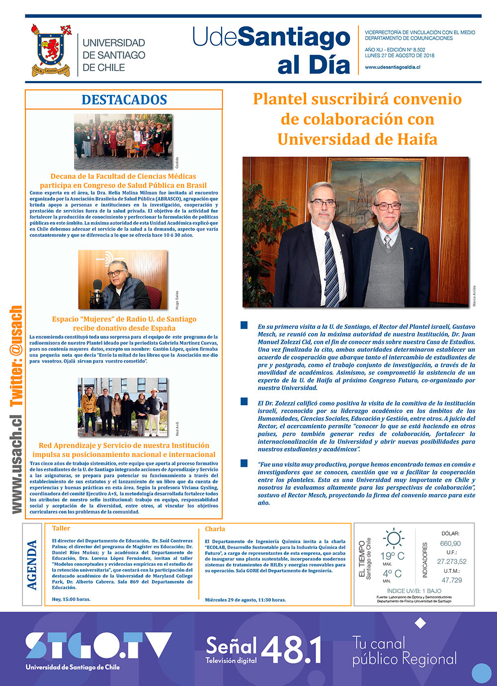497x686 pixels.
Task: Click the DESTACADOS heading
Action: pyautogui.click(x=124, y=99)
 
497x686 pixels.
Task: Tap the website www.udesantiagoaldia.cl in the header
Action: pyautogui.click(x=393, y=67)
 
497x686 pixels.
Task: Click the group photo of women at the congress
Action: pyautogui.click(x=123, y=142)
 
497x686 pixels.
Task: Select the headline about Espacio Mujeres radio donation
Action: pyautogui.click(x=124, y=323)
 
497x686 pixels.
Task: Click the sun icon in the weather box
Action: pyautogui.click(x=393, y=538)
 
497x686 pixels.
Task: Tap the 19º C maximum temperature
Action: pyautogui.click(x=393, y=556)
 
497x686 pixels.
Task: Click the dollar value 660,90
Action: pyautogui.click(x=450, y=543)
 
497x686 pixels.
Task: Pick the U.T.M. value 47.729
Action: pyautogui.click(x=451, y=580)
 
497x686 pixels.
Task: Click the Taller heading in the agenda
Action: pyautogui.click(x=61, y=529)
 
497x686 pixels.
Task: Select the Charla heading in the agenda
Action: pyautogui.click(x=215, y=529)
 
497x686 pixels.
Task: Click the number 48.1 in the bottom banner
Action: pyautogui.click(x=292, y=649)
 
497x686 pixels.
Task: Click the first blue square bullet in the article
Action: pyautogui.click(x=244, y=325)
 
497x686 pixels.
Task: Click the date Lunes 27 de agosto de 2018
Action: pyautogui.click(x=399, y=56)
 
